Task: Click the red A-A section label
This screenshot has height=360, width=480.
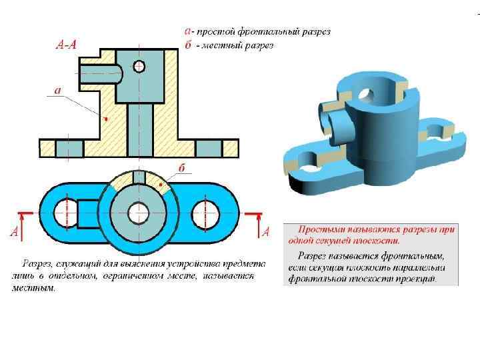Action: (66, 45)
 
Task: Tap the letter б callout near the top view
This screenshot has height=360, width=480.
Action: (181, 167)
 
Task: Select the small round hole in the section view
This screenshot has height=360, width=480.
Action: (139, 66)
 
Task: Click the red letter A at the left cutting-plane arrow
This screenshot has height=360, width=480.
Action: (14, 232)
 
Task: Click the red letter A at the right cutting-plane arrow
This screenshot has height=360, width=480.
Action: (266, 232)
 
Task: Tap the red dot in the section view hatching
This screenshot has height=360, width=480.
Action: (107, 119)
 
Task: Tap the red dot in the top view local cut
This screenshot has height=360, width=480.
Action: (161, 181)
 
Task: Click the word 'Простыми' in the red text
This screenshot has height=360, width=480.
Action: (318, 229)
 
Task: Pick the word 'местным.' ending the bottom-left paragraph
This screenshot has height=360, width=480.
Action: (33, 289)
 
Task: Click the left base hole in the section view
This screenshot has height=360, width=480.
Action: (69, 147)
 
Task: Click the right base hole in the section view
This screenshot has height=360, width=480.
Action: (210, 147)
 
